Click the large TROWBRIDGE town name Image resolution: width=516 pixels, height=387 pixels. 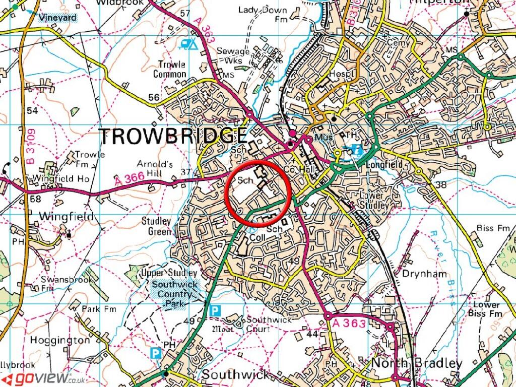click(x=173, y=137)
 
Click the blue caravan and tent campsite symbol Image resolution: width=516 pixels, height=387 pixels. click(x=189, y=44)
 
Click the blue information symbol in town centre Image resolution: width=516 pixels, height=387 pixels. click(x=358, y=150)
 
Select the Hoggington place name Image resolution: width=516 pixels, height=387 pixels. click(x=60, y=340)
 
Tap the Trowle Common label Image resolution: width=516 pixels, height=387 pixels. click(x=172, y=70)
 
